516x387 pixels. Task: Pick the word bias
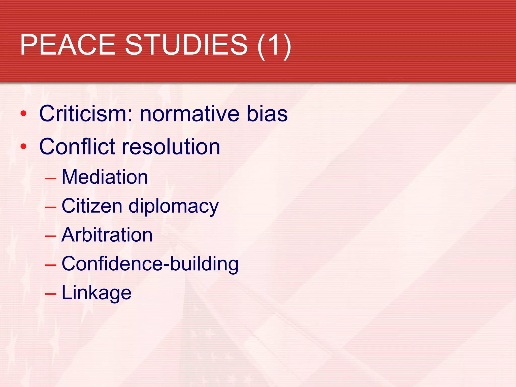[x=267, y=114]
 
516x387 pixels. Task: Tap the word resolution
[x=171, y=147]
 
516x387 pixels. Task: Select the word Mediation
[x=105, y=177]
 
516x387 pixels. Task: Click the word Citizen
[x=92, y=206]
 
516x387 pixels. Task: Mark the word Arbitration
[x=107, y=235]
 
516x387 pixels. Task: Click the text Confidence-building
[x=150, y=264]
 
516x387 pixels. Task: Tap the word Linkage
[x=96, y=293]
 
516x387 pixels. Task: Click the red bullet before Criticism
[x=23, y=114]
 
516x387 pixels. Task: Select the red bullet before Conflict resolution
[x=23, y=146]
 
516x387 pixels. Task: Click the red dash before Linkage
[x=50, y=294]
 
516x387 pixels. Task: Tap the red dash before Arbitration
[x=50, y=236]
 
